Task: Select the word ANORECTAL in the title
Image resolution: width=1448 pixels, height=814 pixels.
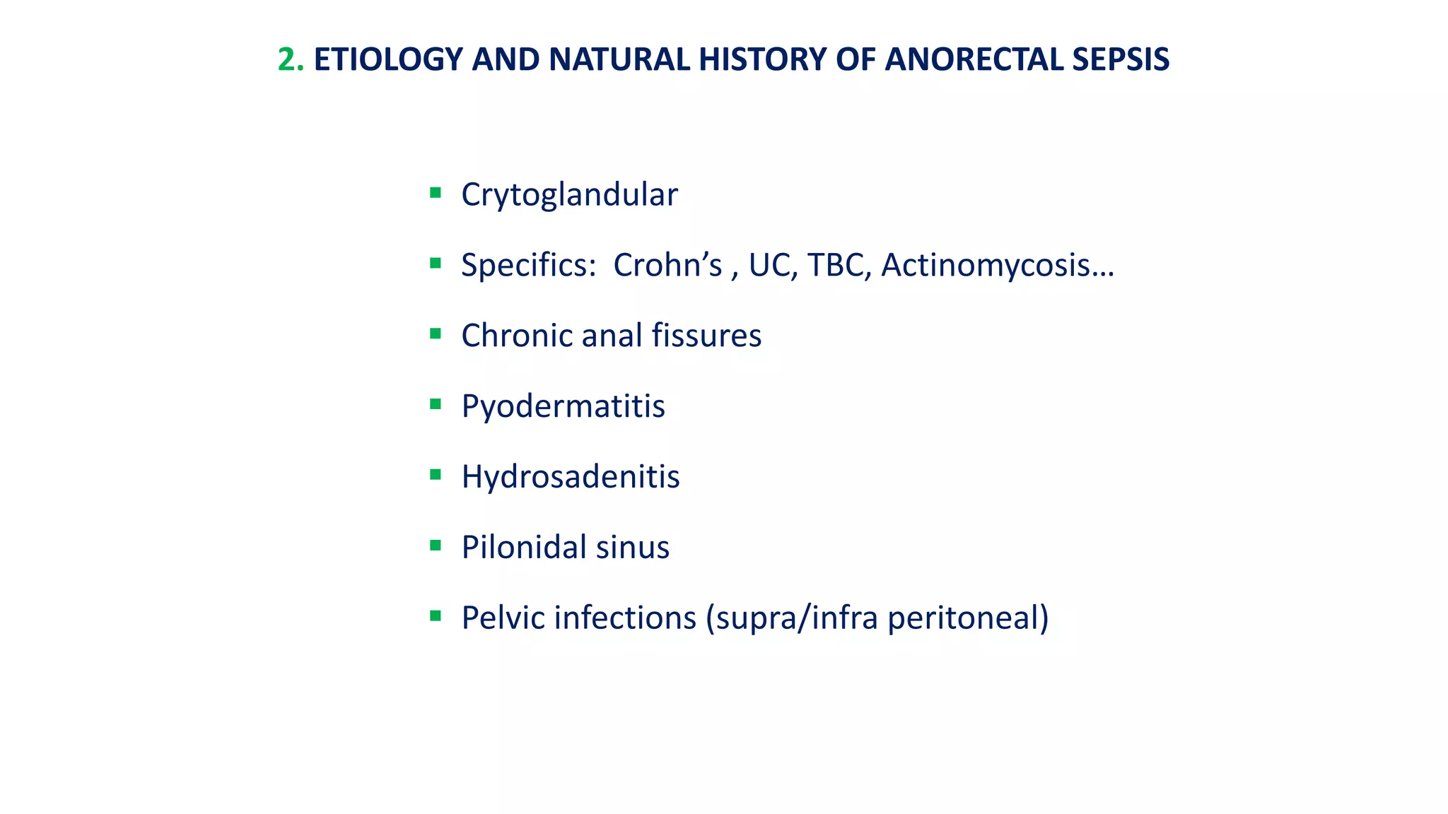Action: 974,59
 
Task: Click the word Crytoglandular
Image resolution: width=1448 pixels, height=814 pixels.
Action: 569,195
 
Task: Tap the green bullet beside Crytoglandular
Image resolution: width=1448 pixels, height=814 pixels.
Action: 436,192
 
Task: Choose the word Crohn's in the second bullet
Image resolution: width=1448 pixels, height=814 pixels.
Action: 667,266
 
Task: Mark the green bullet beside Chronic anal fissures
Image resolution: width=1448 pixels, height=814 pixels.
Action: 436,334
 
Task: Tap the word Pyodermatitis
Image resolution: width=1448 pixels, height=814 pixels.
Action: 563,407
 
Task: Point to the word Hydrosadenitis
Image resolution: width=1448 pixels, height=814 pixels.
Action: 571,477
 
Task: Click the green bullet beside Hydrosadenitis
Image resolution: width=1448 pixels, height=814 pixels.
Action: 436,475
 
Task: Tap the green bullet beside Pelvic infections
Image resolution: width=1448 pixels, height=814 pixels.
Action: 436,616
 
